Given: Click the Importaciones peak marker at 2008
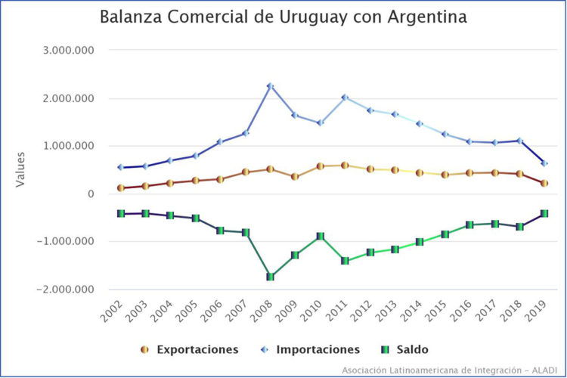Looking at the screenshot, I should click(270, 86).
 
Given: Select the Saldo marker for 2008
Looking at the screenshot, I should click(270, 277).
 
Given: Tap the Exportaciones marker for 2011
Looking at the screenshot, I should click(345, 165).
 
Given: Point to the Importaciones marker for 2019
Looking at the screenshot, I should click(544, 163).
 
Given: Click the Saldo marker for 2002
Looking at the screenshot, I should click(120, 214).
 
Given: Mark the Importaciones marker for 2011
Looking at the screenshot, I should click(345, 98).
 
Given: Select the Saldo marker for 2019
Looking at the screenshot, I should click(544, 214).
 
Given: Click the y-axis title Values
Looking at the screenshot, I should click(21, 169).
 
